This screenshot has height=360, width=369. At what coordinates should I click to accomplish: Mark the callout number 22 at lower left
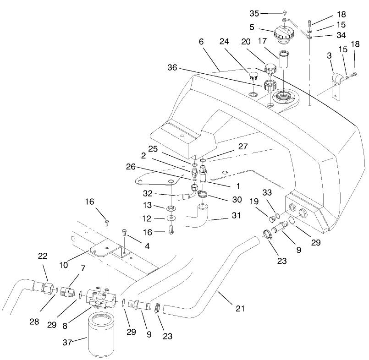pos(43,256)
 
